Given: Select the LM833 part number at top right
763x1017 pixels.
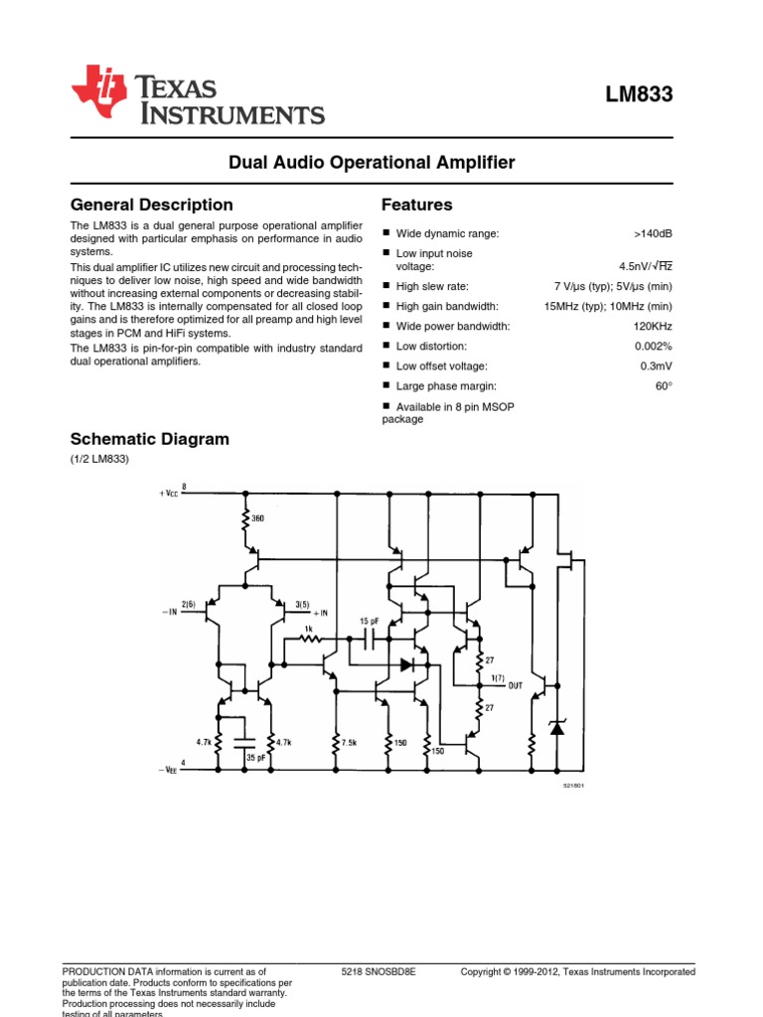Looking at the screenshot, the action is (640, 95).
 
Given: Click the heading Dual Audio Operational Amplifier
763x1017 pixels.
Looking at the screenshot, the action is (373, 162).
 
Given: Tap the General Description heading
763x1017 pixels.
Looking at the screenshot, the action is (152, 206).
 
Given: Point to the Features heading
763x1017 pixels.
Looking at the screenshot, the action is (416, 206).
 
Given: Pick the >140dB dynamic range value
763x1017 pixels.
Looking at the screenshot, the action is (653, 233).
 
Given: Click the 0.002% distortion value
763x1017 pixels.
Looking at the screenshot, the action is (654, 346).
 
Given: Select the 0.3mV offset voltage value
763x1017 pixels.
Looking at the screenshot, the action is (656, 365).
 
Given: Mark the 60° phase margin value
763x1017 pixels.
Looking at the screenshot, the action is (664, 385).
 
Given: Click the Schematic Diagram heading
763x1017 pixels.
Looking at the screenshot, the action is (150, 439).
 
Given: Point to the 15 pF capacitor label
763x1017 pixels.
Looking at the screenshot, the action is (369, 622).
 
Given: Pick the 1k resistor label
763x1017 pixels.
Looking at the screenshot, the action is (309, 630).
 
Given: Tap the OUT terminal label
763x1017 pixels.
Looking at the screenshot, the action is (515, 684).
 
